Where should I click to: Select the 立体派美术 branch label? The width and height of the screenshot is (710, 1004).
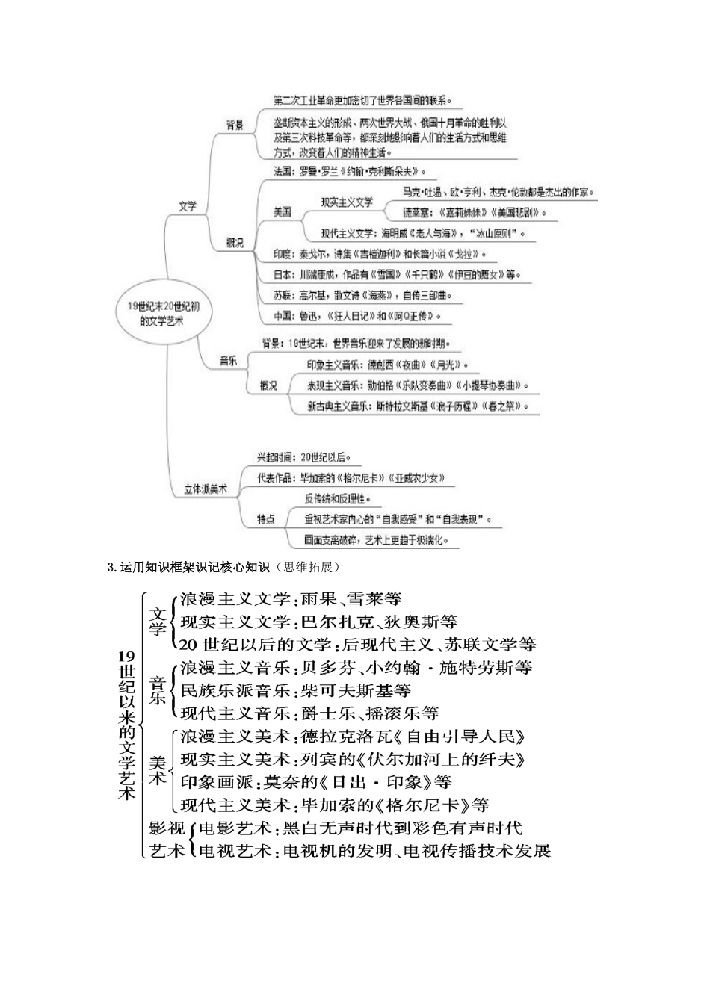pos(206,489)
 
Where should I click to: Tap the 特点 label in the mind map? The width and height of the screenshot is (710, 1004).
pos(266,519)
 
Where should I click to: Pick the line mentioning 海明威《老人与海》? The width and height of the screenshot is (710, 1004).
pos(423,233)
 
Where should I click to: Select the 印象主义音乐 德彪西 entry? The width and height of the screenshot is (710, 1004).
pos(387,365)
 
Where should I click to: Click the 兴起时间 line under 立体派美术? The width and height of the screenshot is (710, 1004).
pos(304,456)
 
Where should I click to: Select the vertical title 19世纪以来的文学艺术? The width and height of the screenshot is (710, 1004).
pos(126,725)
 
